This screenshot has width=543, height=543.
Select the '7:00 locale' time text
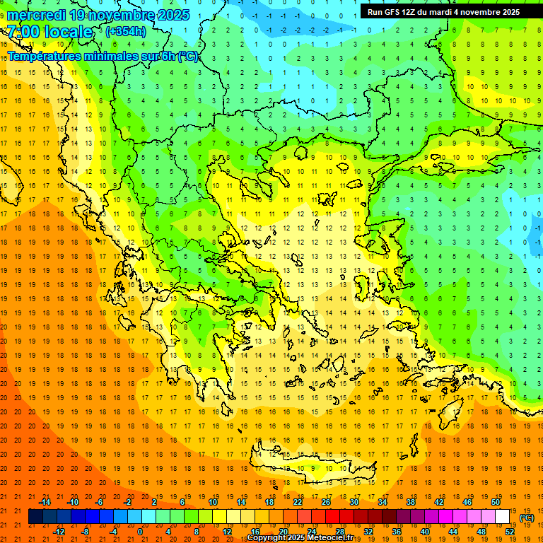[49, 32]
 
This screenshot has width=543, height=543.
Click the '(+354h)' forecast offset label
[126, 32]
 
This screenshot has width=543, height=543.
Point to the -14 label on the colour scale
[45, 502]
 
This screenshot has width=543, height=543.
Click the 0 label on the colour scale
[139, 532]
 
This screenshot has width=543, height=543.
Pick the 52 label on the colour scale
[510, 532]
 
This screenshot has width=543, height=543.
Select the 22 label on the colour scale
[298, 502]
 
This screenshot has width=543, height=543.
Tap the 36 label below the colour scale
[396, 532]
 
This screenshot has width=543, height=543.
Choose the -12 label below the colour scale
[59, 532]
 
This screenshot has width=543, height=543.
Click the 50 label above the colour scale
[496, 502]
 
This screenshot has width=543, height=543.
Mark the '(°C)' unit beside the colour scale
[527, 518]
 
